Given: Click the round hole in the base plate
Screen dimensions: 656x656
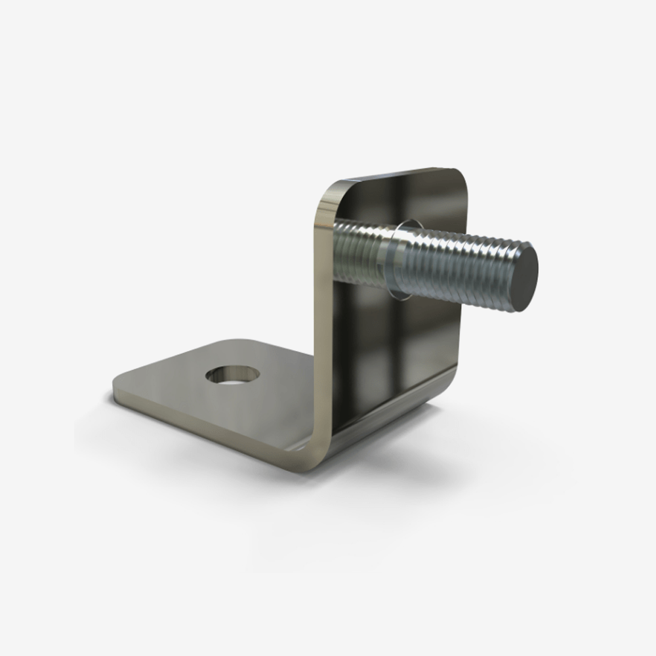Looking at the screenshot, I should (232, 375).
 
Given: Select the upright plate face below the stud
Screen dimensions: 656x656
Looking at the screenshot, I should (394, 348).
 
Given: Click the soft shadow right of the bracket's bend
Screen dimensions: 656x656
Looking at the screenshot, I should (407, 453).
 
